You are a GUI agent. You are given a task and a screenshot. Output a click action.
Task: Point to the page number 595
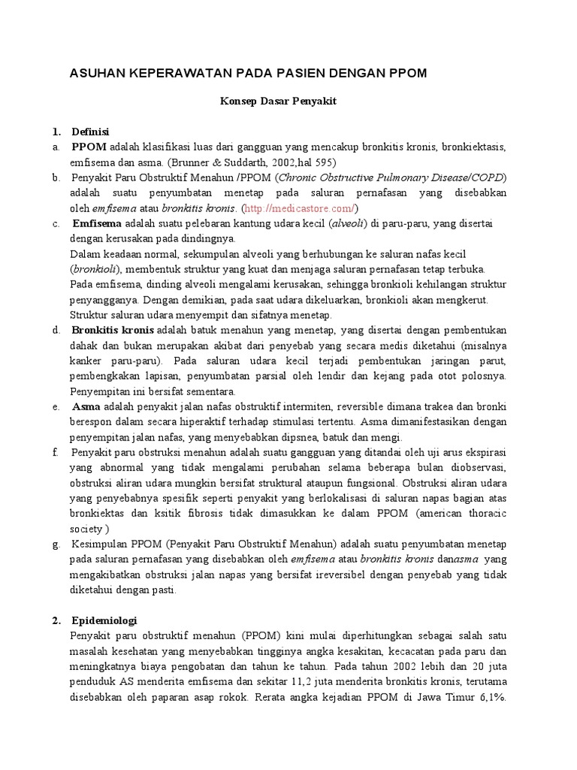(322, 162)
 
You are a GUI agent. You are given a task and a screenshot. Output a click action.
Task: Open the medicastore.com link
(299, 208)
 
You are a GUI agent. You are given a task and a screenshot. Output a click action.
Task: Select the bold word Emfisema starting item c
(98, 223)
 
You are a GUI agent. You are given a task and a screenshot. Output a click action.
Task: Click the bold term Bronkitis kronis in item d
(113, 330)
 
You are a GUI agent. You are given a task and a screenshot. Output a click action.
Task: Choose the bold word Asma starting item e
(86, 407)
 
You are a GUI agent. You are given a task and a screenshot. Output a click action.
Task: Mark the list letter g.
(56, 544)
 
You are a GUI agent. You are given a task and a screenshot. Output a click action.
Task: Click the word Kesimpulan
(102, 544)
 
